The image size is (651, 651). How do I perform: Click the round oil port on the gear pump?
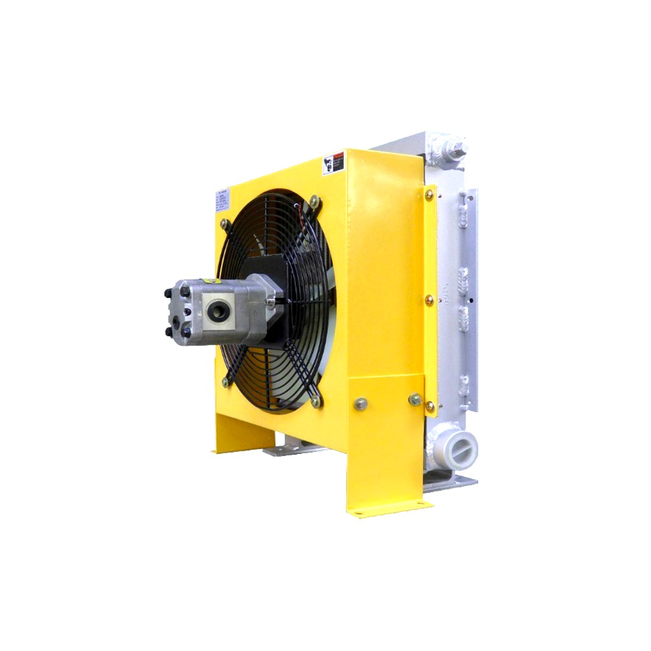(218, 311)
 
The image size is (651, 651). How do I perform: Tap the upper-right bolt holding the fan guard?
(315, 201)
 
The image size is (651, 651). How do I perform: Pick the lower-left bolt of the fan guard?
(225, 382)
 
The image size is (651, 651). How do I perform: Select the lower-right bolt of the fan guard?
(315, 401)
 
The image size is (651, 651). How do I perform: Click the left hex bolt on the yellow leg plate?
(360, 404)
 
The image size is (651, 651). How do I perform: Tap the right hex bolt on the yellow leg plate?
(415, 399)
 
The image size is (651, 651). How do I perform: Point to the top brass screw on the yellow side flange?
(429, 195)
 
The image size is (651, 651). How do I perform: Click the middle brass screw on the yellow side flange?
(429, 300)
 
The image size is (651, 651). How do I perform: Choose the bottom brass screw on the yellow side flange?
(429, 405)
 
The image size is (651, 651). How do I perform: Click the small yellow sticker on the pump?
(210, 282)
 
